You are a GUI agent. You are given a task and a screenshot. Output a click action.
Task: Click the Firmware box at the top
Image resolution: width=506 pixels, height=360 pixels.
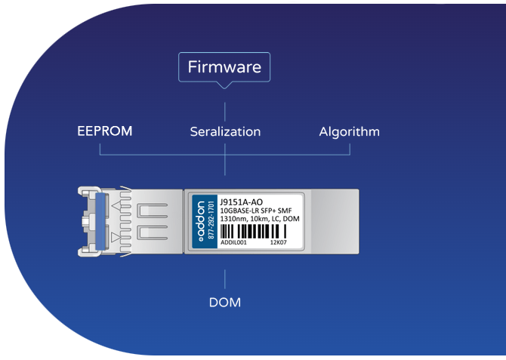(x=224, y=66)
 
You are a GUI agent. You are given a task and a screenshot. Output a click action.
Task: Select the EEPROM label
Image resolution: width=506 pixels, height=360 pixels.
(x=104, y=131)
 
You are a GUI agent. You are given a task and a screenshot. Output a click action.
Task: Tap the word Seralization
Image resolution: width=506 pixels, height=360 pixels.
(x=225, y=131)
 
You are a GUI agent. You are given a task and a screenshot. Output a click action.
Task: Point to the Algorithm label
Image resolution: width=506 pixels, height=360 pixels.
(x=349, y=131)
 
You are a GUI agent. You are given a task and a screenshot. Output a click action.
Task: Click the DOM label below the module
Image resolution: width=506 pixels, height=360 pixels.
(x=224, y=303)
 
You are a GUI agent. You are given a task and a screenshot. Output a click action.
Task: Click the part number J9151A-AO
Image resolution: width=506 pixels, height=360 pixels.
(x=242, y=202)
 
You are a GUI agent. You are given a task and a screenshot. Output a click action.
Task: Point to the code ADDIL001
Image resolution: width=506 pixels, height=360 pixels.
(x=233, y=243)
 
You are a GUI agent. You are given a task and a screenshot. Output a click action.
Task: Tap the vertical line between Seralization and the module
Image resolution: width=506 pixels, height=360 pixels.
(x=224, y=168)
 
